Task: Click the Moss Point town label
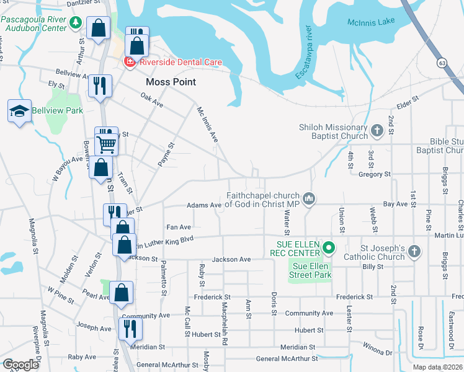pyautogui.click(x=171, y=82)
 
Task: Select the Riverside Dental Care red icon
pyautogui.click(x=130, y=61)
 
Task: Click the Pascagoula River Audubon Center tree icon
pyautogui.click(x=76, y=22)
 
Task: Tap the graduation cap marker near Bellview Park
pyautogui.click(x=20, y=112)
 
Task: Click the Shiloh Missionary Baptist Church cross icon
pyautogui.click(x=377, y=131)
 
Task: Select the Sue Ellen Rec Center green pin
pyautogui.click(x=330, y=250)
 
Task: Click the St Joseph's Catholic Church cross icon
pyautogui.click(x=414, y=252)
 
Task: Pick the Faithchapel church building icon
pyautogui.click(x=310, y=198)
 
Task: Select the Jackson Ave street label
pyautogui.click(x=231, y=259)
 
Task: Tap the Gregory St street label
pyautogui.click(x=374, y=175)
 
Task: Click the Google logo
pyautogui.click(x=20, y=365)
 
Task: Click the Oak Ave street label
pyautogui.click(x=152, y=101)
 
